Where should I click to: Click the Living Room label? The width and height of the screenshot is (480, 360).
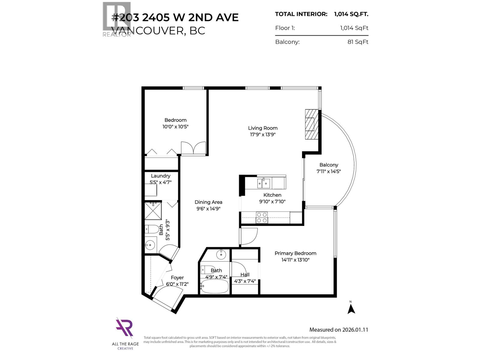262,128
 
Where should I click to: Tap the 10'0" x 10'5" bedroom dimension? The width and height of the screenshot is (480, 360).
175,127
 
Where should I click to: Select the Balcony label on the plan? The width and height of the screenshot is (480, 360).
328,165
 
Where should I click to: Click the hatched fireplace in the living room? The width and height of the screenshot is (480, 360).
311,124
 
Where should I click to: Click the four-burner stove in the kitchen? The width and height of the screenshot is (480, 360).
262,217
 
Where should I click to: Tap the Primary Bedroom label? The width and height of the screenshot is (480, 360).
295,253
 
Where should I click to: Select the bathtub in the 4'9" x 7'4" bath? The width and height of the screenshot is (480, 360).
214,286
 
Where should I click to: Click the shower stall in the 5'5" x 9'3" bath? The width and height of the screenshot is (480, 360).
153,211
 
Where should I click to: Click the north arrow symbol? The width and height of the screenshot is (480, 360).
351,308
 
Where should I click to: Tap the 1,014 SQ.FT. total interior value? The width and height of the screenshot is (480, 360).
351,14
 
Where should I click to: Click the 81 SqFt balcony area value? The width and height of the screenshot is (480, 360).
358,42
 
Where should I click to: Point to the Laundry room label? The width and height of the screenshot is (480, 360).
160,176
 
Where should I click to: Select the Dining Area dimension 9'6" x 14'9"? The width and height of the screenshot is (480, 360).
208,208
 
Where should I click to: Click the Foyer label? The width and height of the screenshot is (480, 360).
177,277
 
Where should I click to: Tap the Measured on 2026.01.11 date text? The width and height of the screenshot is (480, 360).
338,330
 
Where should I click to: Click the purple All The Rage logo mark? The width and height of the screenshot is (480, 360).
124,328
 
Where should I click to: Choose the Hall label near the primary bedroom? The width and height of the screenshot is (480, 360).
245,274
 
